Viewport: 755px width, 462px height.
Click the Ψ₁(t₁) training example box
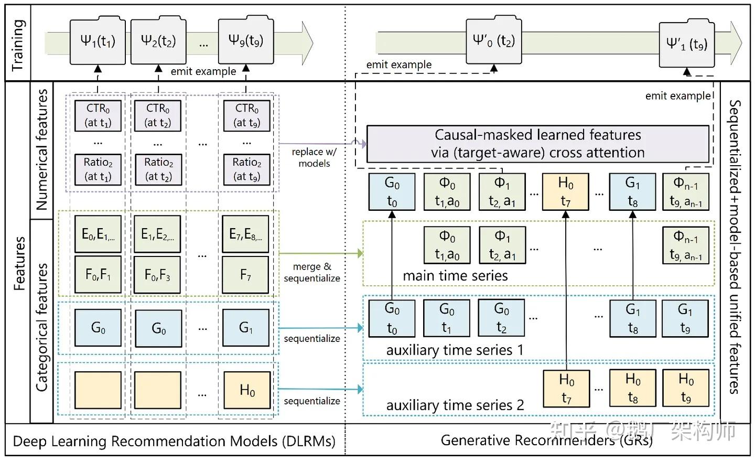(x=98, y=41)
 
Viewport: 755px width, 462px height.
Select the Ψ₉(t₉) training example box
(x=245, y=41)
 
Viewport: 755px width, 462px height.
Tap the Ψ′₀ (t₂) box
(x=493, y=41)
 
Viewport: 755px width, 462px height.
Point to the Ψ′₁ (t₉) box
(x=687, y=45)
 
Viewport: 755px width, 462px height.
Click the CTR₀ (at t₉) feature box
(x=246, y=115)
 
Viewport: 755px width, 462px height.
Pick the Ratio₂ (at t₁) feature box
(x=98, y=169)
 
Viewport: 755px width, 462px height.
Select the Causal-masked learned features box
(x=537, y=144)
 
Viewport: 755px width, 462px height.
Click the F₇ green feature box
(x=245, y=274)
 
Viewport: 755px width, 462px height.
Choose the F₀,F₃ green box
(x=157, y=274)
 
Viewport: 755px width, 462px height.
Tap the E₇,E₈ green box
(x=245, y=234)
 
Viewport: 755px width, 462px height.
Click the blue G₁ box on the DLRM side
(x=245, y=328)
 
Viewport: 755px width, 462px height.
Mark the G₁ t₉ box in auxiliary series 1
(x=685, y=318)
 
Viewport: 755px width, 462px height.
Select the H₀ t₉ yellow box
(x=685, y=388)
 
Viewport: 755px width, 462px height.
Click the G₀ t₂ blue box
(x=501, y=318)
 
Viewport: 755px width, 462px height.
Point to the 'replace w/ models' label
(x=314, y=157)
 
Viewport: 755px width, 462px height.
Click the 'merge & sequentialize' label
(x=312, y=272)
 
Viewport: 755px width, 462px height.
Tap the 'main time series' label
(x=455, y=276)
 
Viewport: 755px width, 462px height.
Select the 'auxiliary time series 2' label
(x=455, y=405)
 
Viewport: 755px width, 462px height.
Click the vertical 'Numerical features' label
(x=42, y=149)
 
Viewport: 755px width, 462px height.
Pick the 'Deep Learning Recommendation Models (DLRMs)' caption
(x=174, y=441)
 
